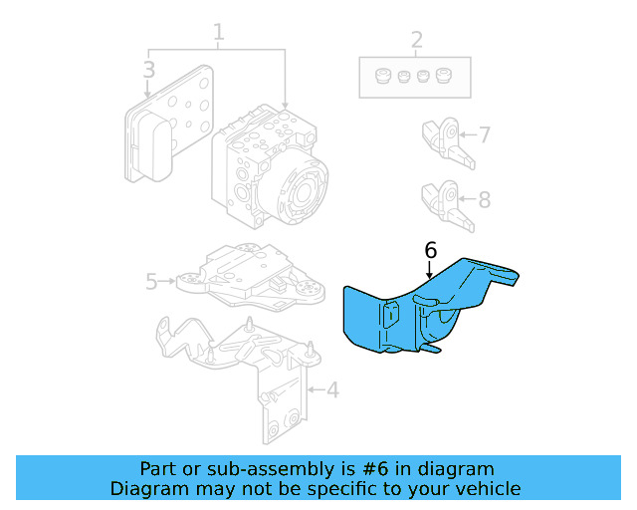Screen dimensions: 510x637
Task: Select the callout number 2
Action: tap(416, 41)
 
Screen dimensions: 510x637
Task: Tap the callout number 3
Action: tap(148, 70)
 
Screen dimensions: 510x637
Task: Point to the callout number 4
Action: tap(332, 389)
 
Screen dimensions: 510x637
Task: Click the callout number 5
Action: tap(151, 282)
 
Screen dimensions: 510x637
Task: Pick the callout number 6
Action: tap(430, 250)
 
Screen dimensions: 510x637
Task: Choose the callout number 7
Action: tap(484, 134)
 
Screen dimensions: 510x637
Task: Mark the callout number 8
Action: tap(484, 199)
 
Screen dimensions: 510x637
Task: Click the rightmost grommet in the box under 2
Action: tap(444, 76)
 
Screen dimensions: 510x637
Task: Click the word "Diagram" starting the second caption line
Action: tap(147, 488)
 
